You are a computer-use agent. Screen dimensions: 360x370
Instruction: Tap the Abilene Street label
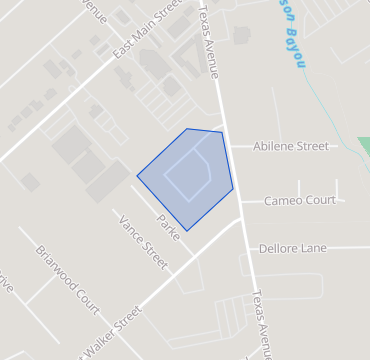coord(291,146)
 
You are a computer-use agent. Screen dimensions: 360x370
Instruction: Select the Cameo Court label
coord(299,201)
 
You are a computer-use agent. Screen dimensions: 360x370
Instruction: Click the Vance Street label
coord(144,242)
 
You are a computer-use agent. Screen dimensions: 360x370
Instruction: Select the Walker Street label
coord(104,331)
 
